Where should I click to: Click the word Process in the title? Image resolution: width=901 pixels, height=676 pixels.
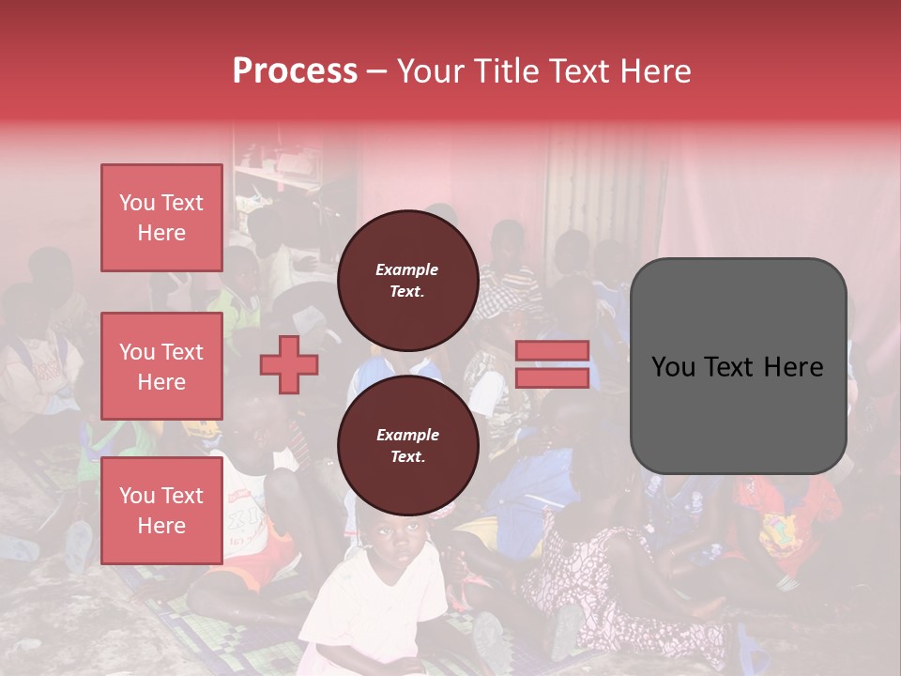click(295, 71)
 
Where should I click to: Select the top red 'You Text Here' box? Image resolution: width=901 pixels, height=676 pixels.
click(161, 218)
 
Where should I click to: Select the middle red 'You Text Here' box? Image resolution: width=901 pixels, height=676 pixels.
click(161, 366)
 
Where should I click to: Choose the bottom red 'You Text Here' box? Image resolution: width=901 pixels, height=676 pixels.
click(161, 511)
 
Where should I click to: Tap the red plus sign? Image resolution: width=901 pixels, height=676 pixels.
click(289, 364)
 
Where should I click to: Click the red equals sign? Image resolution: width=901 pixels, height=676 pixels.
click(553, 364)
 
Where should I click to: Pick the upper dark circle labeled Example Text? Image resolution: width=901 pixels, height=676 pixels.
click(407, 280)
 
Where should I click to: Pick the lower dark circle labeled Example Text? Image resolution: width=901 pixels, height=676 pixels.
click(407, 446)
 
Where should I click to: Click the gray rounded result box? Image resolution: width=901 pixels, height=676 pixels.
click(738, 365)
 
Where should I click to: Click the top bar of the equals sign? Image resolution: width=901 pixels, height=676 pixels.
click(553, 351)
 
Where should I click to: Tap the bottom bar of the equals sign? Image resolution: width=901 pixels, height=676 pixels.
click(553, 377)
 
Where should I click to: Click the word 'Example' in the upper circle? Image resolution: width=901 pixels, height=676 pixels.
click(407, 269)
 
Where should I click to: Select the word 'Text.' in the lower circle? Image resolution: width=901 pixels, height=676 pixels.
click(407, 457)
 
